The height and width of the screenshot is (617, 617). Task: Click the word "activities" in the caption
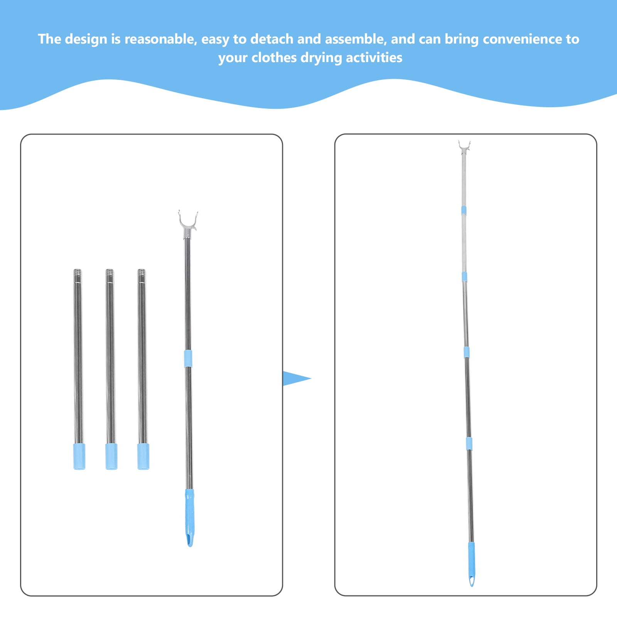click(374, 57)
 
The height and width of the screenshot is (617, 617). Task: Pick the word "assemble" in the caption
click(356, 39)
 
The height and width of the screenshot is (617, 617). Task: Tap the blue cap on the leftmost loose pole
click(79, 457)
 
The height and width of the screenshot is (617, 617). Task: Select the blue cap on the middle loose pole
click(111, 457)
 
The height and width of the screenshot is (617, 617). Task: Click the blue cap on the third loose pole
click(143, 457)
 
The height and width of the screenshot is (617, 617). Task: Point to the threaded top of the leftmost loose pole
click(78, 276)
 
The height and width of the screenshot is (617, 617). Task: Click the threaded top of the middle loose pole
click(110, 276)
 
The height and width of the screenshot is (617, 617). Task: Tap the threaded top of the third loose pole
click(142, 276)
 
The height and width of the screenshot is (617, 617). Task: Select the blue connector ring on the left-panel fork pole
click(188, 359)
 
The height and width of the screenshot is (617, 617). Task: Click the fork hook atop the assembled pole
click(464, 148)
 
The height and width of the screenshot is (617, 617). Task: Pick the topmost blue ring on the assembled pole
click(464, 210)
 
